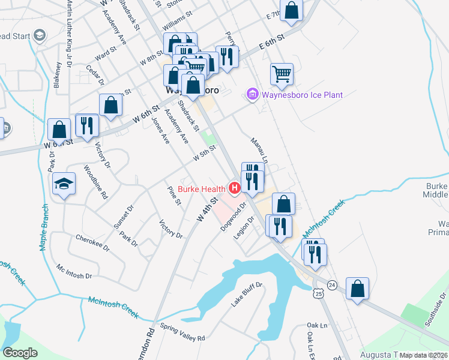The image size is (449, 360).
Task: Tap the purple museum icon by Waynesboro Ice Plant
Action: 252,95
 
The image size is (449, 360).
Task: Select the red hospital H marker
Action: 235,190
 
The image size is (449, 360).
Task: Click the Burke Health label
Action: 196,190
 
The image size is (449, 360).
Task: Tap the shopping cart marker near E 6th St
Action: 282,74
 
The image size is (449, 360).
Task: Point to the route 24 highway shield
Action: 333,284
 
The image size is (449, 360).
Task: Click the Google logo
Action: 19,353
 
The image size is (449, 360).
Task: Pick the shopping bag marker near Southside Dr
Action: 357,288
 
